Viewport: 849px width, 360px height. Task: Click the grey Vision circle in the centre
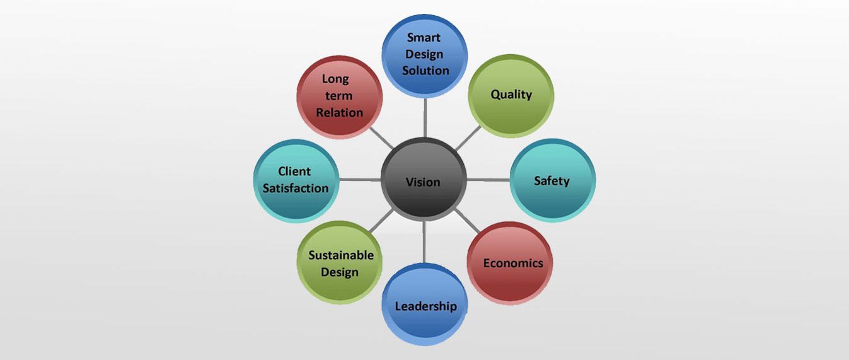click(x=424, y=179)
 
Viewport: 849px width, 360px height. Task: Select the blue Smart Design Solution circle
click(x=425, y=55)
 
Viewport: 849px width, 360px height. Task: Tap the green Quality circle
click(x=511, y=95)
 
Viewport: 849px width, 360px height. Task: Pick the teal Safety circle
click(x=553, y=180)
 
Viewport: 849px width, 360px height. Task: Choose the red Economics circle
click(x=510, y=264)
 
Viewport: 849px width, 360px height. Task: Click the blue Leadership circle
click(x=425, y=305)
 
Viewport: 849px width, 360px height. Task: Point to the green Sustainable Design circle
click(x=339, y=263)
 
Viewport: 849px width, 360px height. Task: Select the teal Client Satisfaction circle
click(x=296, y=181)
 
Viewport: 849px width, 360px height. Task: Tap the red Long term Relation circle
click(x=339, y=97)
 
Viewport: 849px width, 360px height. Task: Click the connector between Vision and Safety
click(x=488, y=180)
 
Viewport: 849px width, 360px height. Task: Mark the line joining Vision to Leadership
click(x=424, y=242)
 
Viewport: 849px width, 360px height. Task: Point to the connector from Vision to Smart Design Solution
click(x=425, y=117)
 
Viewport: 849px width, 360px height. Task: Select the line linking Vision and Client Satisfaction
click(x=360, y=179)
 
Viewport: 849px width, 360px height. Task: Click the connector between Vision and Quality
click(x=468, y=138)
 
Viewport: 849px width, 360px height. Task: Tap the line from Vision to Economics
click(x=467, y=220)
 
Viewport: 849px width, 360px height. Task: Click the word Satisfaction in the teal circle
click(x=296, y=188)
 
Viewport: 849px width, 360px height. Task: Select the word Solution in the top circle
click(x=425, y=71)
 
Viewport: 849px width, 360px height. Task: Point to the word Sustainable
click(x=341, y=255)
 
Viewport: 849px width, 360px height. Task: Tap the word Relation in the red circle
click(x=339, y=113)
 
